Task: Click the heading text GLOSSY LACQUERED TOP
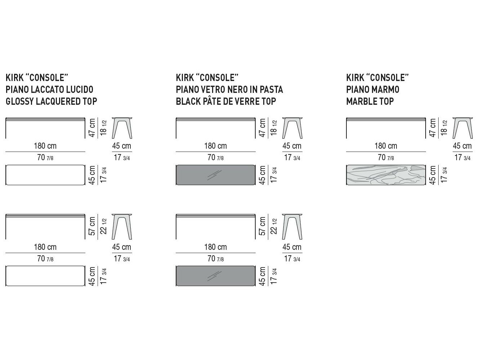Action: [51, 102]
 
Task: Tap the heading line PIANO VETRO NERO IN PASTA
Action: [229, 90]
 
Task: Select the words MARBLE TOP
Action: [370, 102]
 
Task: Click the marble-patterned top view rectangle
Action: [386, 175]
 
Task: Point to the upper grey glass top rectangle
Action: [216, 175]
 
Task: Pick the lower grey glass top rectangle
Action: [216, 276]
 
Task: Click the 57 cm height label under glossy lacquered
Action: [92, 226]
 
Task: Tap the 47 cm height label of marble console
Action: [432, 128]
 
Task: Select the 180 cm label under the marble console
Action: [386, 146]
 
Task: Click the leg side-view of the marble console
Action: [462, 128]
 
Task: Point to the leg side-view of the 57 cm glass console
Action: [292, 227]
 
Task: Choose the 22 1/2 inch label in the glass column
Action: [274, 226]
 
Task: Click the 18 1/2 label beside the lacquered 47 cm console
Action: [104, 128]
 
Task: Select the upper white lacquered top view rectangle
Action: [45, 175]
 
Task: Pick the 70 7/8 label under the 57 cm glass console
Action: [216, 259]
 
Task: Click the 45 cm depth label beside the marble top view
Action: [432, 175]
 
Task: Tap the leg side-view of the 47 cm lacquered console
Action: [122, 128]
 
